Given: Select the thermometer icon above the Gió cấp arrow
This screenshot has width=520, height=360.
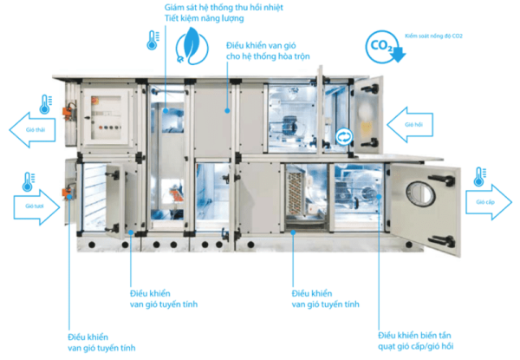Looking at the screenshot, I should (x=479, y=178).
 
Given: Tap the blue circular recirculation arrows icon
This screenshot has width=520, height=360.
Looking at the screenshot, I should (x=343, y=136).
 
